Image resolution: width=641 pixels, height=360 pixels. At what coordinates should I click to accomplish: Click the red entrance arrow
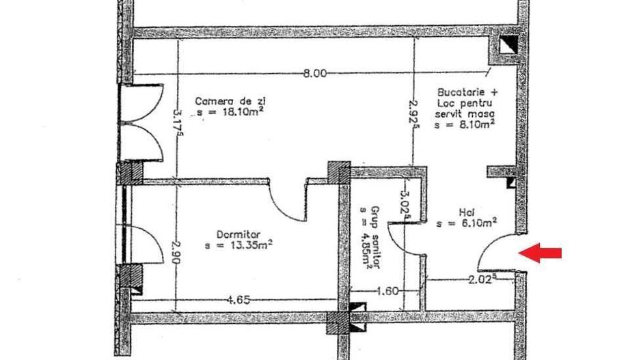[x=540, y=253]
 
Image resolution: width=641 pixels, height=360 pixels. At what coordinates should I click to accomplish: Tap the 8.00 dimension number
[x=315, y=74]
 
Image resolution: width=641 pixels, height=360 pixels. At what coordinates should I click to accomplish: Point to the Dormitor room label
[x=238, y=234]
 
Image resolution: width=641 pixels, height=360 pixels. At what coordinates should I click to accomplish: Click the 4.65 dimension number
[x=238, y=300]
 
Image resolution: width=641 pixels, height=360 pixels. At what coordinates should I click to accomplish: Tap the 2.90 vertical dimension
[x=176, y=253]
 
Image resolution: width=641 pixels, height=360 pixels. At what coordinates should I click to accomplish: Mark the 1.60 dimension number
[x=387, y=291]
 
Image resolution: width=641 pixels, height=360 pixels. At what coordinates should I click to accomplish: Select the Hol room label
[x=467, y=212]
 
